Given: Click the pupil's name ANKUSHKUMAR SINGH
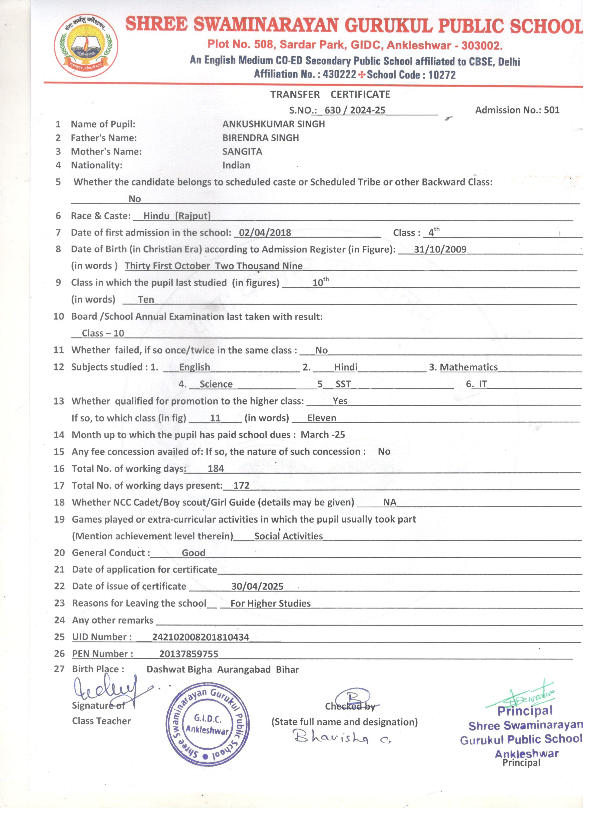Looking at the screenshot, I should pyautogui.click(x=273, y=124).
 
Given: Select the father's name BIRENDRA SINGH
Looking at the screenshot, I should pyautogui.click(x=261, y=138).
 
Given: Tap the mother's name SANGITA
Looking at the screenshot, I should pyautogui.click(x=242, y=152).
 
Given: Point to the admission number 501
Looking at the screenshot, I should pyautogui.click(x=551, y=110).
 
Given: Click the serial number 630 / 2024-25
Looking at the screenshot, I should pyautogui.click(x=355, y=110).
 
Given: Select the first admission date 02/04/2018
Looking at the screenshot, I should pyautogui.click(x=265, y=233).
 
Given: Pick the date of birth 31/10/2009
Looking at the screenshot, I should pyautogui.click(x=440, y=250).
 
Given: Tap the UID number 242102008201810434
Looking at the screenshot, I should pyautogui.click(x=201, y=637).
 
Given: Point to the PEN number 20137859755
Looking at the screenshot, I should pyautogui.click(x=189, y=654).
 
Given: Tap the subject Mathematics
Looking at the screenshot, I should pyautogui.click(x=469, y=367).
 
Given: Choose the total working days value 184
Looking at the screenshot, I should pyautogui.click(x=216, y=469).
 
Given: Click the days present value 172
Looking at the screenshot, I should pyautogui.click(x=241, y=486).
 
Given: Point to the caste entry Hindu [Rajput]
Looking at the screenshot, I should pyautogui.click(x=177, y=216).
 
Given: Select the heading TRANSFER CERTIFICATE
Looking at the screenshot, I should pyautogui.click(x=330, y=94).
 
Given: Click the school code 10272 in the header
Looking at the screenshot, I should pyautogui.click(x=442, y=75).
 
